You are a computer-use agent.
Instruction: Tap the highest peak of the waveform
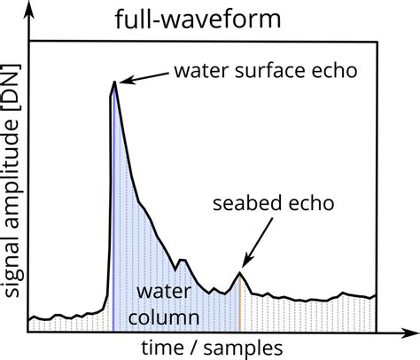[113, 83]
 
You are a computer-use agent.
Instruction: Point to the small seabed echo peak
[240, 274]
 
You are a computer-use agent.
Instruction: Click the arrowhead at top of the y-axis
[28, 8]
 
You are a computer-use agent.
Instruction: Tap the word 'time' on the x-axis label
[159, 345]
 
